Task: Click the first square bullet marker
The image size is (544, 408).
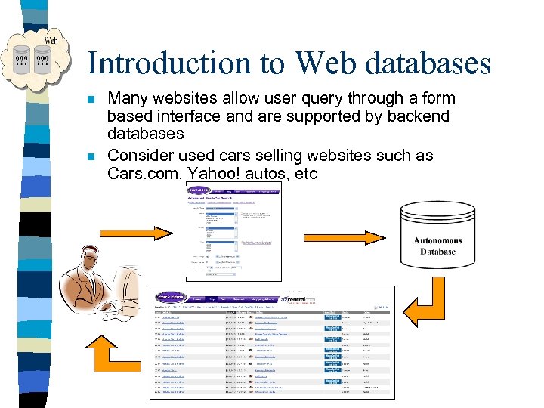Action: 91,99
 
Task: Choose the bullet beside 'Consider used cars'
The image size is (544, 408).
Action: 91,157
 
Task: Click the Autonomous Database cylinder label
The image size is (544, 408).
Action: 437,246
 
